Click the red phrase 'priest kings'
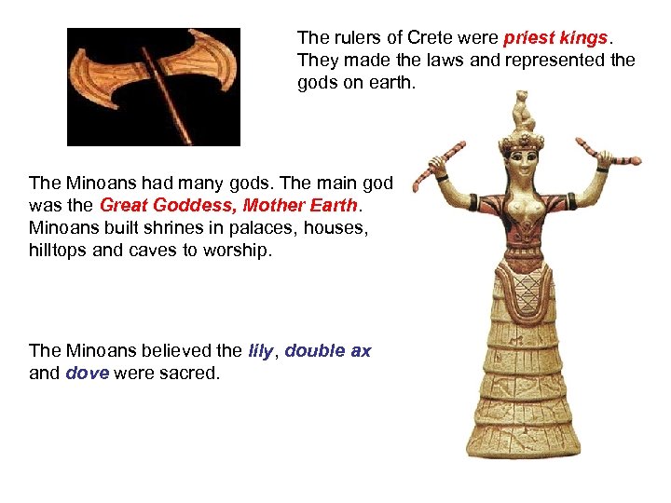555,38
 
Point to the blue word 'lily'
260,350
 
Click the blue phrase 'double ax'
328,350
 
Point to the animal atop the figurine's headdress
521,109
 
